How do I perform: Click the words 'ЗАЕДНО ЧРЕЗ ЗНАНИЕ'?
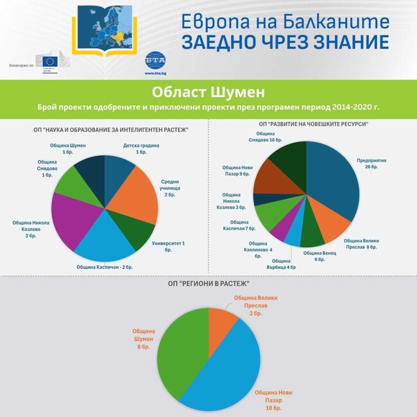285,43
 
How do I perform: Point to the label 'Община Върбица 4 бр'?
284,264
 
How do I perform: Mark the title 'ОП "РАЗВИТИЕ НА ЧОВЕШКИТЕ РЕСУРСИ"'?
313,124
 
